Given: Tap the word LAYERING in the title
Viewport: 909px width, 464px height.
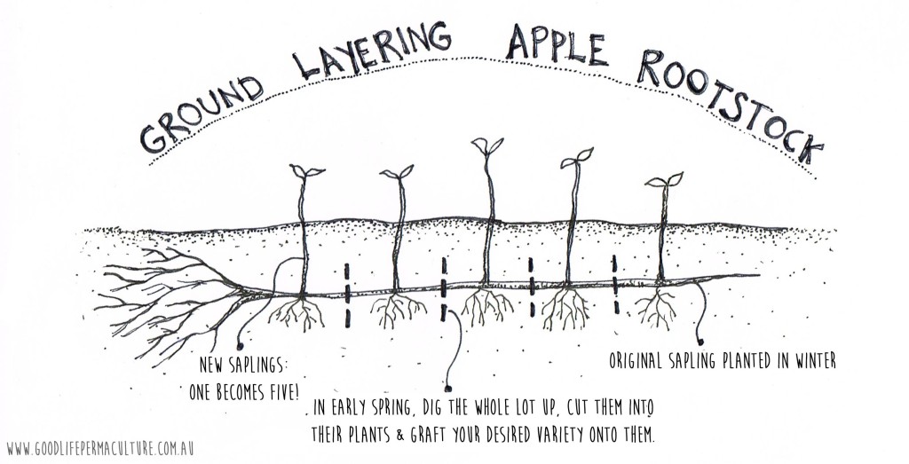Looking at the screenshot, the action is pos(372,49).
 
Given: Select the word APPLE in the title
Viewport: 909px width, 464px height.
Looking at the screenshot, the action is pos(557,47).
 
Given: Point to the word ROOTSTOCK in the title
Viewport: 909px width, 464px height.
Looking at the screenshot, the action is pos(731,106).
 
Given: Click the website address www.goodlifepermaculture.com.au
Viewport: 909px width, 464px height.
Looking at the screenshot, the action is pos(100,449).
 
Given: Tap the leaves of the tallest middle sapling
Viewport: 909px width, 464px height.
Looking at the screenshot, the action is pos(487,145).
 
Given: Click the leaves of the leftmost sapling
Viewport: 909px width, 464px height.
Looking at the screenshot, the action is pos(306,171).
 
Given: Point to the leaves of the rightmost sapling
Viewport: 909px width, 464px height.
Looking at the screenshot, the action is pos(664,180).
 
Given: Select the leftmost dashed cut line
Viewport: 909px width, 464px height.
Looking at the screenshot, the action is pos(347,295).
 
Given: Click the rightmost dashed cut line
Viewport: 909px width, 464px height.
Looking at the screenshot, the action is pos(615,285).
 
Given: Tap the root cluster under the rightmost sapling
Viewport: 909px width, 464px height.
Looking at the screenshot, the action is pos(656,307).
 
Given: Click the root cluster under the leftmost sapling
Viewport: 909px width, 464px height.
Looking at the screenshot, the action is pos(296,313).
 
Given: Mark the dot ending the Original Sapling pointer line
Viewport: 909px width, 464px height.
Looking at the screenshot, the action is pos(701,342).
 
